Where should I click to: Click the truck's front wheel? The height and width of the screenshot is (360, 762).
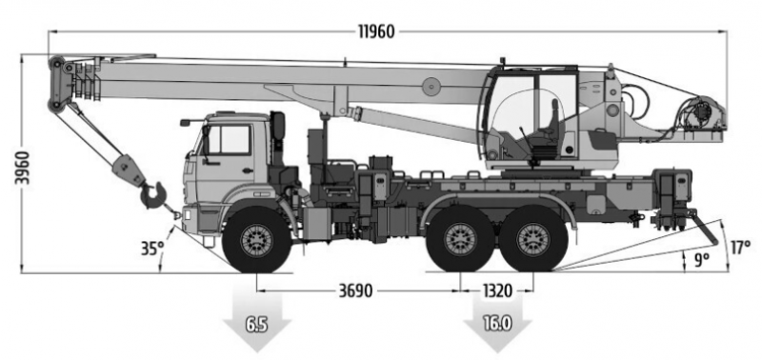click(255, 237)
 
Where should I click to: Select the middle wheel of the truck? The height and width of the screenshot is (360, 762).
click(460, 238)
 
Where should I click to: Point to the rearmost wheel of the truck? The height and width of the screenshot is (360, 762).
click(532, 238)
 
